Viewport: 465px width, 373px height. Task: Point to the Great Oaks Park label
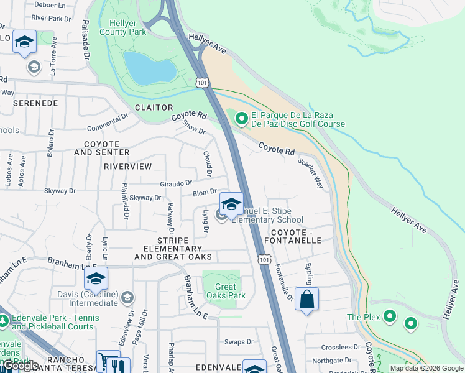point(226,291)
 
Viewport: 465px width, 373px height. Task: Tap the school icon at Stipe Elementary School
point(231,205)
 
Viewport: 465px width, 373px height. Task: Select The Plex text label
point(362,317)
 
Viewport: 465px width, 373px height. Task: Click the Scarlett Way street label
point(311,172)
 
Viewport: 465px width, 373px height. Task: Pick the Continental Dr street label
point(108,120)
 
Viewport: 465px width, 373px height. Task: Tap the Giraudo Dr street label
point(175,183)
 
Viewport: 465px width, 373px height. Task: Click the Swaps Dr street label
point(239,342)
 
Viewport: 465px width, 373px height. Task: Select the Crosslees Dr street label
point(341,348)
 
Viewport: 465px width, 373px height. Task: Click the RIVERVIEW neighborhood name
point(127,167)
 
